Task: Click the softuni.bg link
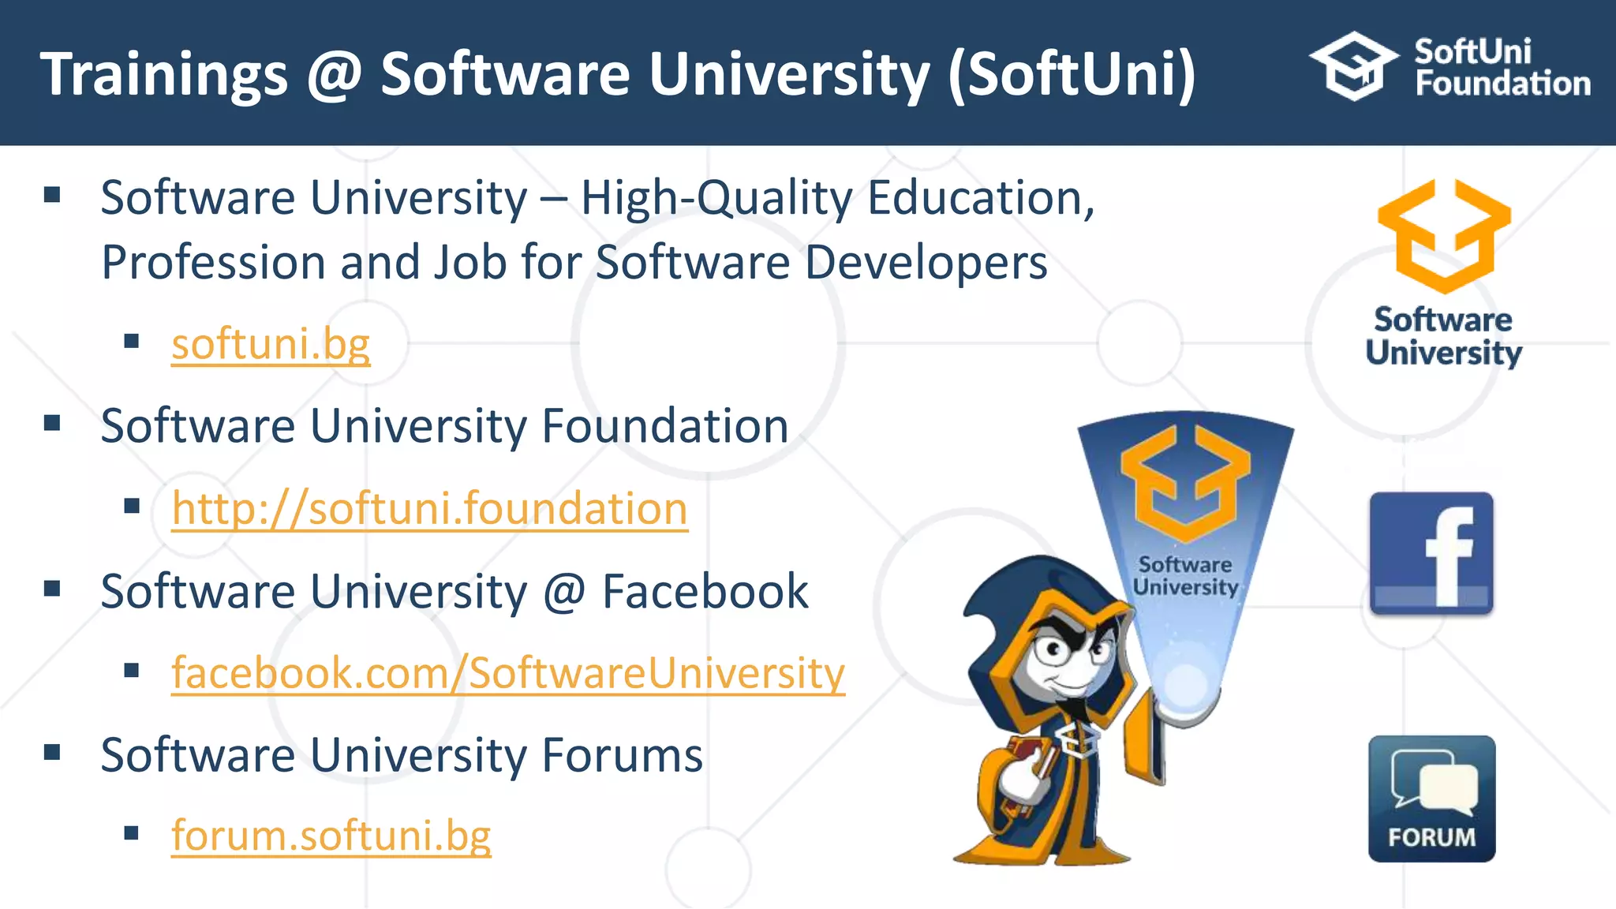[x=271, y=345]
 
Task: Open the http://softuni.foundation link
[x=429, y=508]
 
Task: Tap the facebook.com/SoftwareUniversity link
[x=508, y=673]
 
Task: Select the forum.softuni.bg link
[x=331, y=835]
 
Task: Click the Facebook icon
[x=1431, y=554]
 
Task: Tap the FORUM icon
[x=1431, y=799]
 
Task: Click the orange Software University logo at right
[x=1444, y=236]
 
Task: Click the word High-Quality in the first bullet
[x=716, y=198]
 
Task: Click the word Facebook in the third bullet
[x=705, y=592]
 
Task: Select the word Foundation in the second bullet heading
[x=665, y=427]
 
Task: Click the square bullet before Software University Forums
[x=53, y=752]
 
